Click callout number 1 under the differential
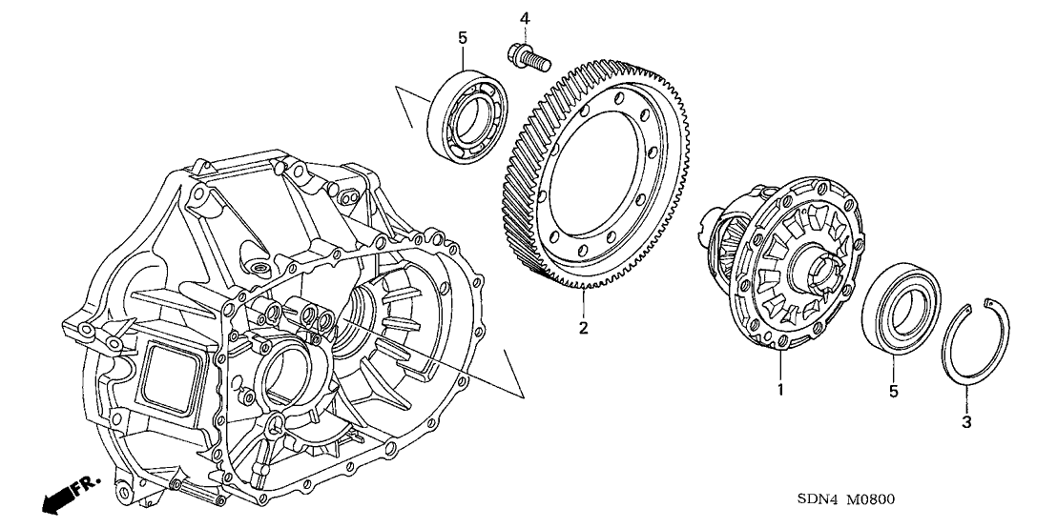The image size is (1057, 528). [779, 390]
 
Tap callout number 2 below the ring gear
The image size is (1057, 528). [582, 330]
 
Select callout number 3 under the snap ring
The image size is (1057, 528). [965, 420]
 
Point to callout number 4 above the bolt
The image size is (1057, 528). [524, 18]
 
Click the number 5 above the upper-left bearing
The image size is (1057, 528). [463, 38]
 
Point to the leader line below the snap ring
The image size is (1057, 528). [965, 398]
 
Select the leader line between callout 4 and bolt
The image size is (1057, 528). [524, 32]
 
